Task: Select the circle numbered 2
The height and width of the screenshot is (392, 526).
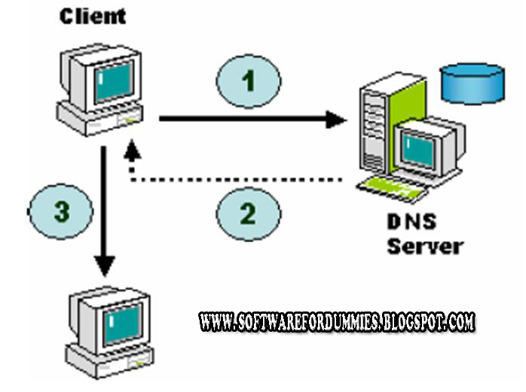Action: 248,213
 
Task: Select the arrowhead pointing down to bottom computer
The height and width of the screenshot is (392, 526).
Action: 105,266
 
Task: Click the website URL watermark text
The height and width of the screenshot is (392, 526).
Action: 337,322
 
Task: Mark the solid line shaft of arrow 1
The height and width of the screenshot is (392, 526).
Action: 241,117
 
